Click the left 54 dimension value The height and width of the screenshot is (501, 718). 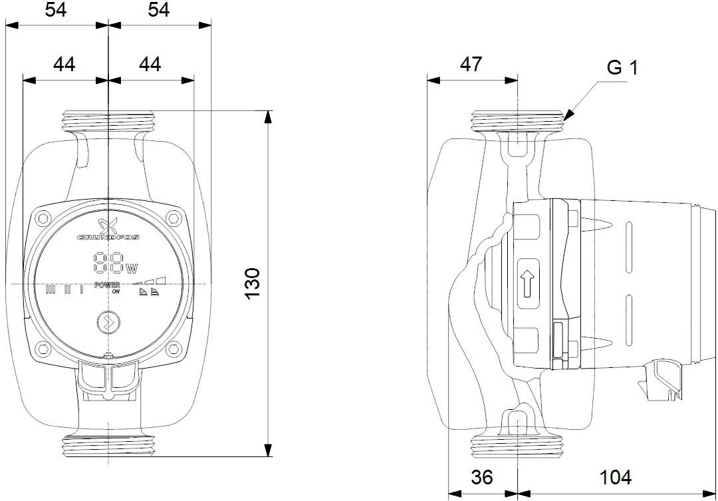tap(56, 11)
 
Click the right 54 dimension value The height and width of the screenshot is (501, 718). tap(159, 11)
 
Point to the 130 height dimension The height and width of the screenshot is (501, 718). tap(253, 283)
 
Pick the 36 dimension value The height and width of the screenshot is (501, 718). tap(483, 478)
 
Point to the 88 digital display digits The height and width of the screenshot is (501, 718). tap(108, 263)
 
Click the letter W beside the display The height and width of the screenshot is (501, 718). tap(132, 268)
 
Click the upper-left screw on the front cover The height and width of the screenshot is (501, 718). tap(44, 218)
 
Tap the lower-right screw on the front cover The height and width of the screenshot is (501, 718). tap(174, 347)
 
